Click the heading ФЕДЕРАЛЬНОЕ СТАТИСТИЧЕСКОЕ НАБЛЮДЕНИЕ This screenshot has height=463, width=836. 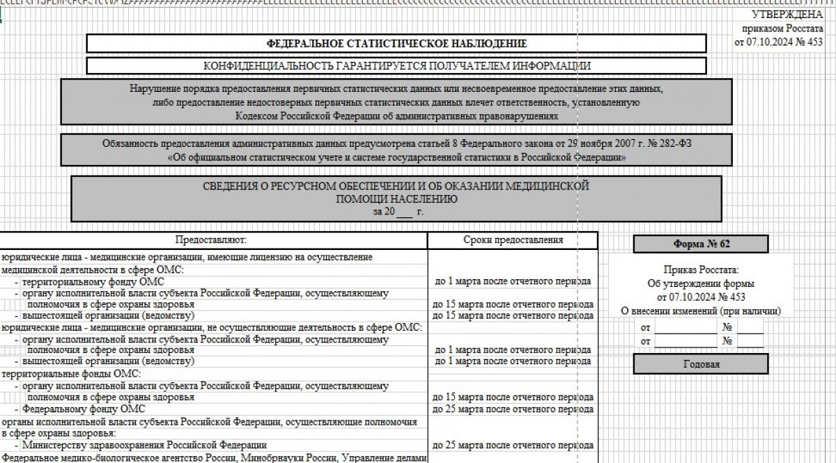point(396,43)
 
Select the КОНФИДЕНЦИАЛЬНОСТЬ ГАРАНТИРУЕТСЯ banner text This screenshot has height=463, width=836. point(396,66)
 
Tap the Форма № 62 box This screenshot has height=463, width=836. point(701,244)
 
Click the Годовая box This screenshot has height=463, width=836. point(701,364)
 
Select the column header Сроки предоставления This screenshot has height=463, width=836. point(513,240)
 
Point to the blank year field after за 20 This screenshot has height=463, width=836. point(404,211)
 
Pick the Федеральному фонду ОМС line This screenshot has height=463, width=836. point(84,409)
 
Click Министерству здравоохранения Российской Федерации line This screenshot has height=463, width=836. point(144,444)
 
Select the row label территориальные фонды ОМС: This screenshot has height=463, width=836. point(61,374)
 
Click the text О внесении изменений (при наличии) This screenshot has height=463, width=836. point(701,311)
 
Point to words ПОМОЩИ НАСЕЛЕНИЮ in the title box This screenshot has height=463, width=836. point(396,198)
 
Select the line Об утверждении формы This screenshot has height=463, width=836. point(701,283)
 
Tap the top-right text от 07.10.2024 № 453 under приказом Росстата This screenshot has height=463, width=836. point(779,42)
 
